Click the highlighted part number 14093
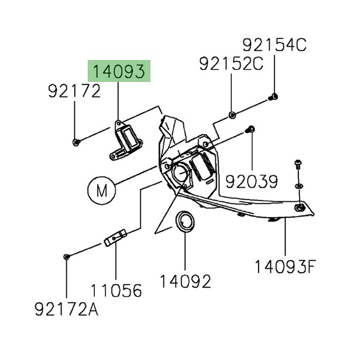pos(118,71)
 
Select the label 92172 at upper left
pos(74,91)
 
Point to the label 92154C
pos(275,45)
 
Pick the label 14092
pos(185,281)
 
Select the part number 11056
pos(116,290)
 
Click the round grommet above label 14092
pos(185,222)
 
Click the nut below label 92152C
pos(232,115)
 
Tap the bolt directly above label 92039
pos(251,130)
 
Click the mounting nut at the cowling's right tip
pos(299,208)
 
